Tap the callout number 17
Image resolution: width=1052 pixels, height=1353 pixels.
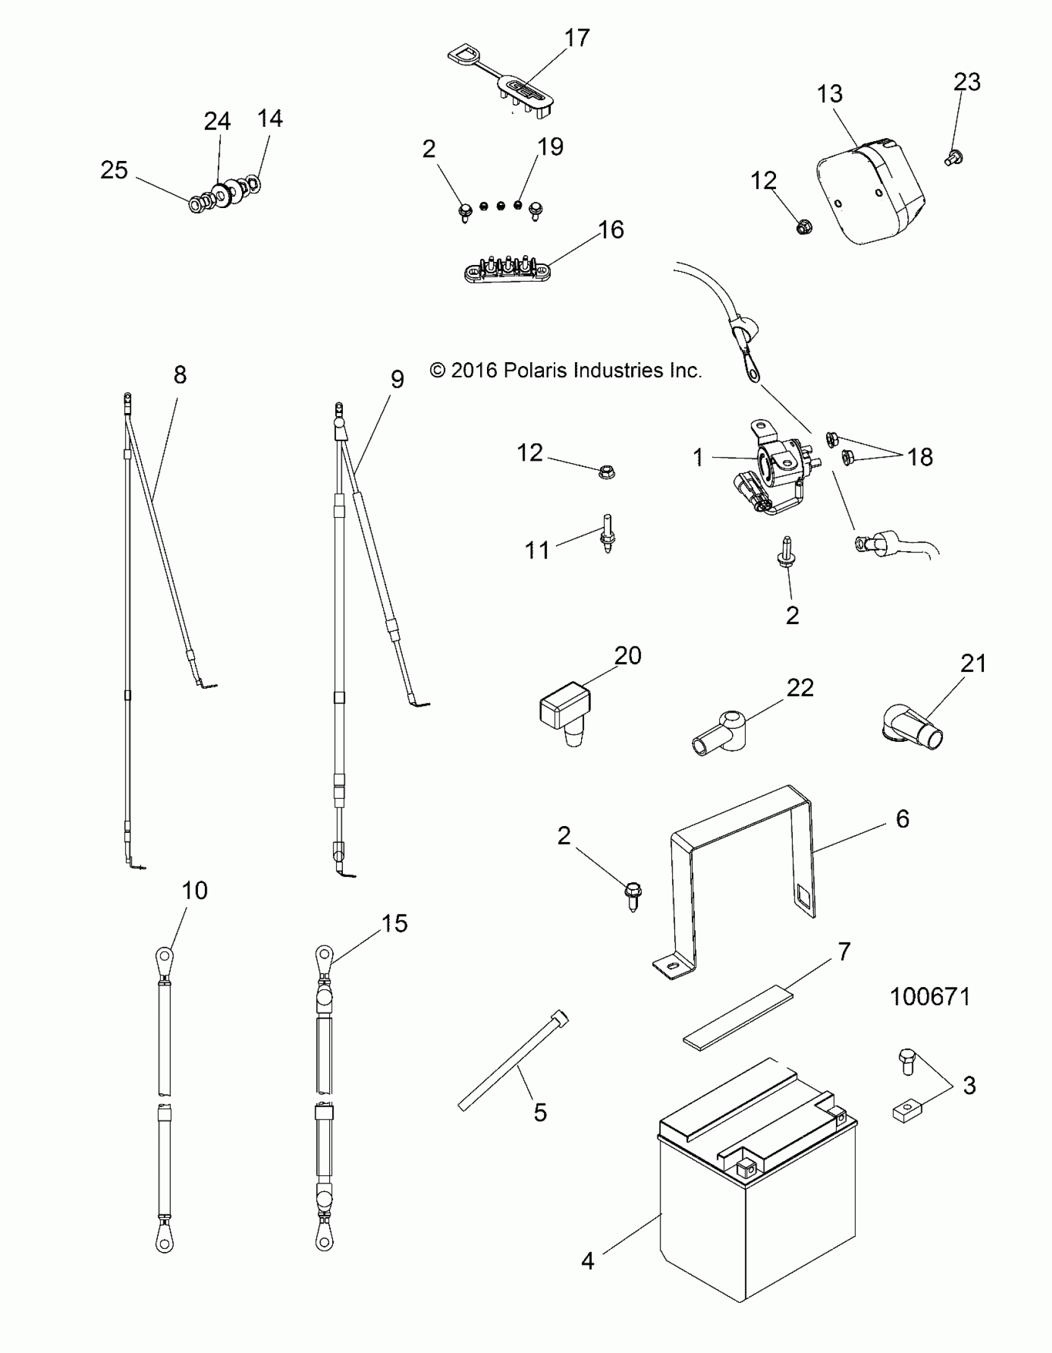[577, 38]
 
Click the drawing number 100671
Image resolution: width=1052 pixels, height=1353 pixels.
[929, 997]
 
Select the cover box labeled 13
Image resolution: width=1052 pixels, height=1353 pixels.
[870, 192]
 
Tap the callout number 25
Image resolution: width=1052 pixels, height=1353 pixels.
[114, 170]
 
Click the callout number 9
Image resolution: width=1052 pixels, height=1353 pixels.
[397, 379]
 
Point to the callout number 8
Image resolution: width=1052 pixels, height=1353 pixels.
[179, 375]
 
